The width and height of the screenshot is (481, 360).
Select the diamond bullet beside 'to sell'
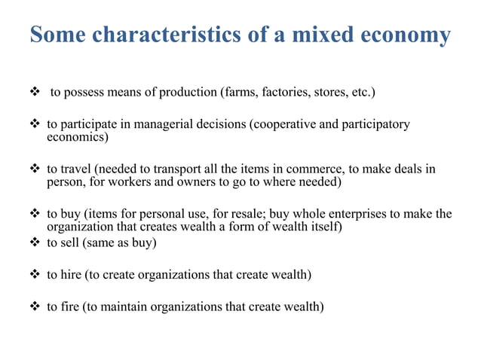[x=36, y=243]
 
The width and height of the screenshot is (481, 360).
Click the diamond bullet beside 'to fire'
[x=36, y=307]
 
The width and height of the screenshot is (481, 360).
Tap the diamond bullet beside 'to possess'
[x=36, y=93]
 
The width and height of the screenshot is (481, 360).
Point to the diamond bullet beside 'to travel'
[x=36, y=169]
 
